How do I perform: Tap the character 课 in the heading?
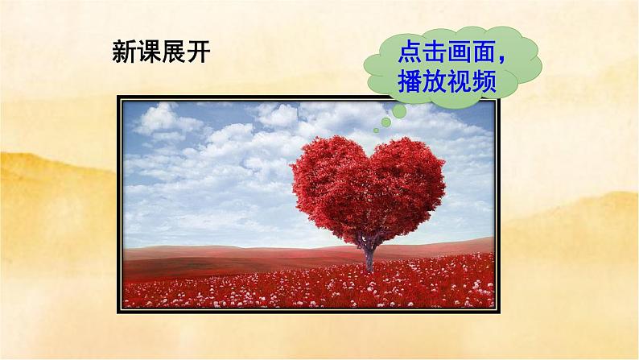[152, 53]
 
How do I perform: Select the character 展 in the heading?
[180, 53]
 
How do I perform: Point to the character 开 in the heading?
[208, 53]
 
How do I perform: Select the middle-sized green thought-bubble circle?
[385, 122]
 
